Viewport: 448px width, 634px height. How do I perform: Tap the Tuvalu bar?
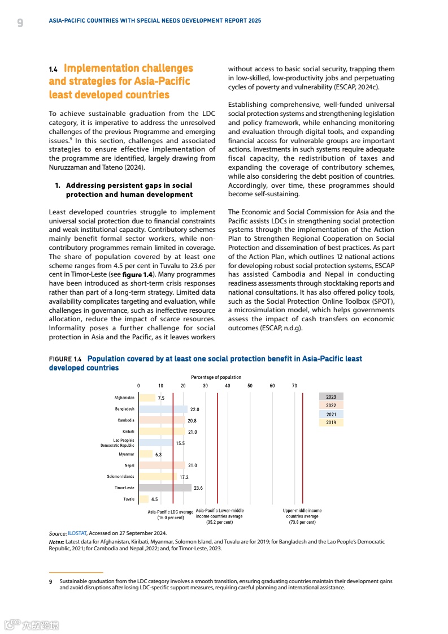coord(143,499)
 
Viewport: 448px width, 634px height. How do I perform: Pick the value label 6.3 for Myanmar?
coord(159,454)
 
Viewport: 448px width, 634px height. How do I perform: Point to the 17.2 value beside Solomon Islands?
coord(184,477)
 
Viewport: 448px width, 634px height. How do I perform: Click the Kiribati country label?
coord(128,432)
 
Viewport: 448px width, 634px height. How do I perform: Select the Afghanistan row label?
coord(124,398)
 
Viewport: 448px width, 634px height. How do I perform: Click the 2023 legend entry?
coord(331,397)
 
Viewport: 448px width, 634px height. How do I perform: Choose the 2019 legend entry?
coord(331,422)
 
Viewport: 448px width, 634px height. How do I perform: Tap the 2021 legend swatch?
coord(331,414)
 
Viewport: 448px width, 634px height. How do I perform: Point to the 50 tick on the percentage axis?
coord(250,386)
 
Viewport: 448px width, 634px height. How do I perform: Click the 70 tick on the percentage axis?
coord(294,386)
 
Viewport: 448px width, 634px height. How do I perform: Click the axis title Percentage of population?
coord(216,377)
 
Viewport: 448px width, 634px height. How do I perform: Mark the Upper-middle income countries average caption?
coord(302,516)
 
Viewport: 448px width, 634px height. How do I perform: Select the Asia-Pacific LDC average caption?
coord(171,515)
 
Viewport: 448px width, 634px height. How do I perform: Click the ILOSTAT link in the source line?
coord(77,533)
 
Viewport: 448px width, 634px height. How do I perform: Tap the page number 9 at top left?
coord(20,23)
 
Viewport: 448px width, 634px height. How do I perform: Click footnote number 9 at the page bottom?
coord(51,581)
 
